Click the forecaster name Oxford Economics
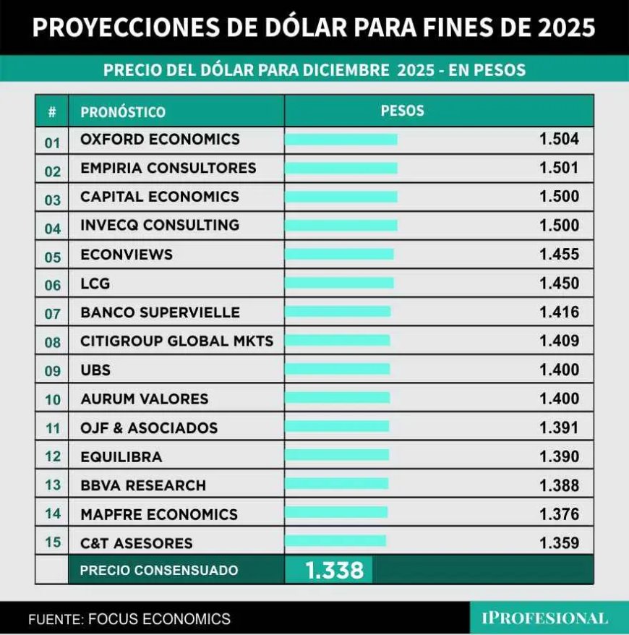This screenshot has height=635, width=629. pos(160,139)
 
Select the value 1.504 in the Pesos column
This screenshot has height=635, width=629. pos(559,139)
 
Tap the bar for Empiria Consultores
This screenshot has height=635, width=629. pos(341,168)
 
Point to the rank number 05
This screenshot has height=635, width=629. pos(53,256)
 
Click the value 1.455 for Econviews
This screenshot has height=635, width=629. pos(559,255)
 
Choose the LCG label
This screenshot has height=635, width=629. pos(95,284)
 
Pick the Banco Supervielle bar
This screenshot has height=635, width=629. pos(338,312)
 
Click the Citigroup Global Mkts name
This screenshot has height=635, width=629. pos(177,341)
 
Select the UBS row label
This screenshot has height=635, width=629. pos(95,370)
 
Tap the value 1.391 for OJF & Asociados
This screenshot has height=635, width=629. pos(559,427)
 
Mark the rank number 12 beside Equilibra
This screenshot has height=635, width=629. pos(53,458)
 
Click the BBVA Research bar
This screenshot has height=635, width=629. pos(336,484)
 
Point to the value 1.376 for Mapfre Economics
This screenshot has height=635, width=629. pos(559,514)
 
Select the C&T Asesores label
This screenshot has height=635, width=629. pos(137,543)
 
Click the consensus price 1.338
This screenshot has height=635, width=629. pos(334,571)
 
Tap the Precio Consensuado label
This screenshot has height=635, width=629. pos(159,571)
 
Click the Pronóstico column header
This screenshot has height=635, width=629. pos(123,112)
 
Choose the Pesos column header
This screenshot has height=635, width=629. pos(402,111)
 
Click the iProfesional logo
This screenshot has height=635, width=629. pos(544,618)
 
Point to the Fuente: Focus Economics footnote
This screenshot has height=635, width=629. pos(129,619)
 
